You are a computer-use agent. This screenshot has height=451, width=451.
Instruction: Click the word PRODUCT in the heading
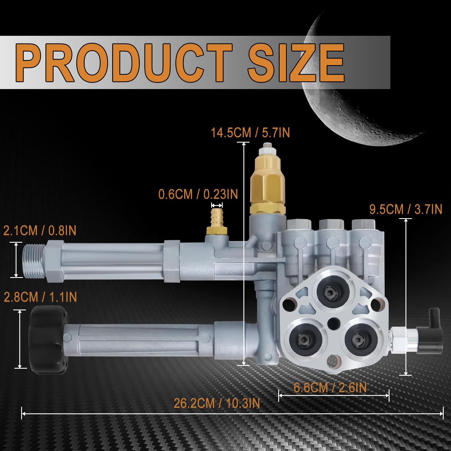coord(124,63)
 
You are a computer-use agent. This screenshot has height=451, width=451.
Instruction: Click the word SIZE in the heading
coord(296,63)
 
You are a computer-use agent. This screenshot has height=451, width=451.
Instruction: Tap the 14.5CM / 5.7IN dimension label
coord(250,132)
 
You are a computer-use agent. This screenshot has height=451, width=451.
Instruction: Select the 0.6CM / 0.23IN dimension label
coord(198,194)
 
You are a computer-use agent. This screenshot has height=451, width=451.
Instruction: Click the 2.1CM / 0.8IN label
coord(40,231)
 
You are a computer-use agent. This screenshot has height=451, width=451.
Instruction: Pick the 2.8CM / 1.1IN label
coord(40,297)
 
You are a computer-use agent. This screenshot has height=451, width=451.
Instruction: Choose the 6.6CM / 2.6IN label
coord(330,388)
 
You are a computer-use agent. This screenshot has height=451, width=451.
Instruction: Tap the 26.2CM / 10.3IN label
coord(217,403)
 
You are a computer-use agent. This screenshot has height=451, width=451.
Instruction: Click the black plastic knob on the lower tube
coord(49,341)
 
